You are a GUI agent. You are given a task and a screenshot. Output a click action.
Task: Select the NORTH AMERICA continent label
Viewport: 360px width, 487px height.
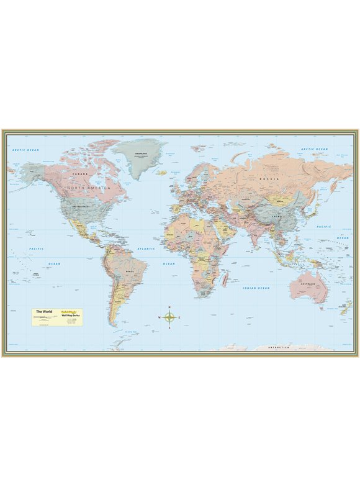pos(89,187)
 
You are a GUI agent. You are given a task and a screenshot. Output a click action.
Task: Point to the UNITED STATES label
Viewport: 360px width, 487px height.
pos(82,206)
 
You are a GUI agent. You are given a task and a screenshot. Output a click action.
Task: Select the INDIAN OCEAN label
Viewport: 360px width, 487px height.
pos(256,288)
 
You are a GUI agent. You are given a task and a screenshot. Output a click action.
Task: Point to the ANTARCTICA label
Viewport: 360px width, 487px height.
pos(279,348)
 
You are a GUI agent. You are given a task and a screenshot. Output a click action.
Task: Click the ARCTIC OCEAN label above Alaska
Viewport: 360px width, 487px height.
pos(25,150)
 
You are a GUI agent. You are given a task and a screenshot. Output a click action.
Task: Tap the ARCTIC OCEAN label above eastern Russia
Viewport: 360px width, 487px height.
pos(315,149)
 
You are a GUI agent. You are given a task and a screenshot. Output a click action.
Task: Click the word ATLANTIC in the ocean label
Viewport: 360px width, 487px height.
pos(147,248)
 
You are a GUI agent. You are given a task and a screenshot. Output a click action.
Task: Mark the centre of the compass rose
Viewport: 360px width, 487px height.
pos(169,317)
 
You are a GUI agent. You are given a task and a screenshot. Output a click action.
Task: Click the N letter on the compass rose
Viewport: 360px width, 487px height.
pos(169,306)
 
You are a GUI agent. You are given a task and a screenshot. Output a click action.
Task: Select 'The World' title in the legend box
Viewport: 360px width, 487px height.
pos(44,311)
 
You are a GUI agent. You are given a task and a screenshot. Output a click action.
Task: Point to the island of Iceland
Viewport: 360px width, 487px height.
pos(161,173)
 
